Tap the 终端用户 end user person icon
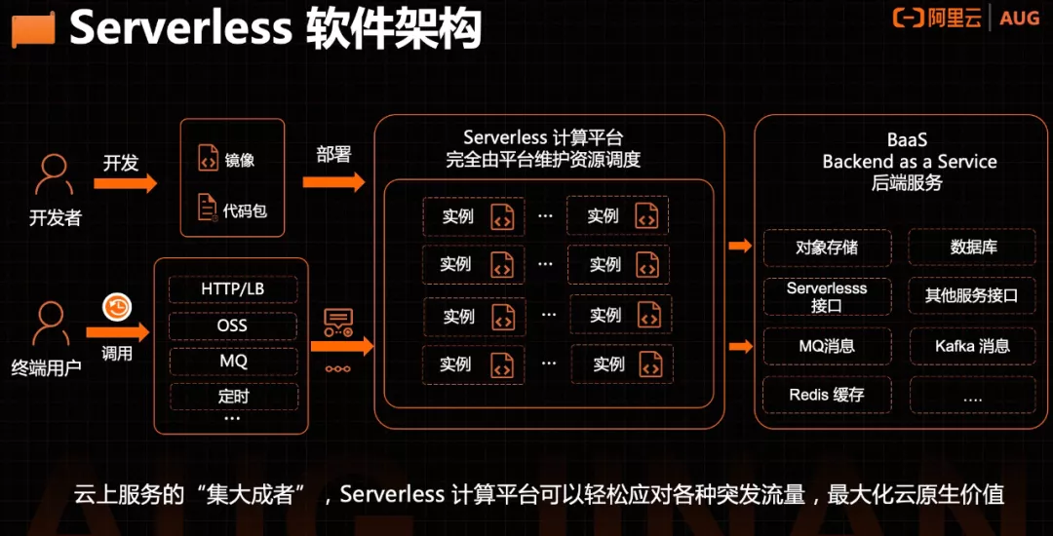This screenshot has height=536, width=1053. (51, 325)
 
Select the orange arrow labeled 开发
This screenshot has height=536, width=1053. (125, 182)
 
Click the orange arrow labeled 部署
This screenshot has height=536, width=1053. (333, 181)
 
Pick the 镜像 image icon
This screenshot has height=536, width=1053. (208, 158)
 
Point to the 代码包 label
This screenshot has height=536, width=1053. (245, 209)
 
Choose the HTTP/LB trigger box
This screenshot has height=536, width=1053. (232, 289)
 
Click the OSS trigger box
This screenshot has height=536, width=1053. (232, 325)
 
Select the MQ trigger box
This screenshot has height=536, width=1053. (232, 361)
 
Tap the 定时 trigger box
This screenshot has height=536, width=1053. (232, 397)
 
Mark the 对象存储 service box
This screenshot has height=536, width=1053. (827, 248)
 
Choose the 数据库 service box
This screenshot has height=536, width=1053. (972, 248)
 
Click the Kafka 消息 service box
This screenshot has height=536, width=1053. (972, 346)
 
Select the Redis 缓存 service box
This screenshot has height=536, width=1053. (827, 395)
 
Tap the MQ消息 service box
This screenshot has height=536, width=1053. (827, 346)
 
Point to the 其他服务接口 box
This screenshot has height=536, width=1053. (972, 295)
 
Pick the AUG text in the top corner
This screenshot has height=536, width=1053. (1020, 19)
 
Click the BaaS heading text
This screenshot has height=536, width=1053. (907, 140)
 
